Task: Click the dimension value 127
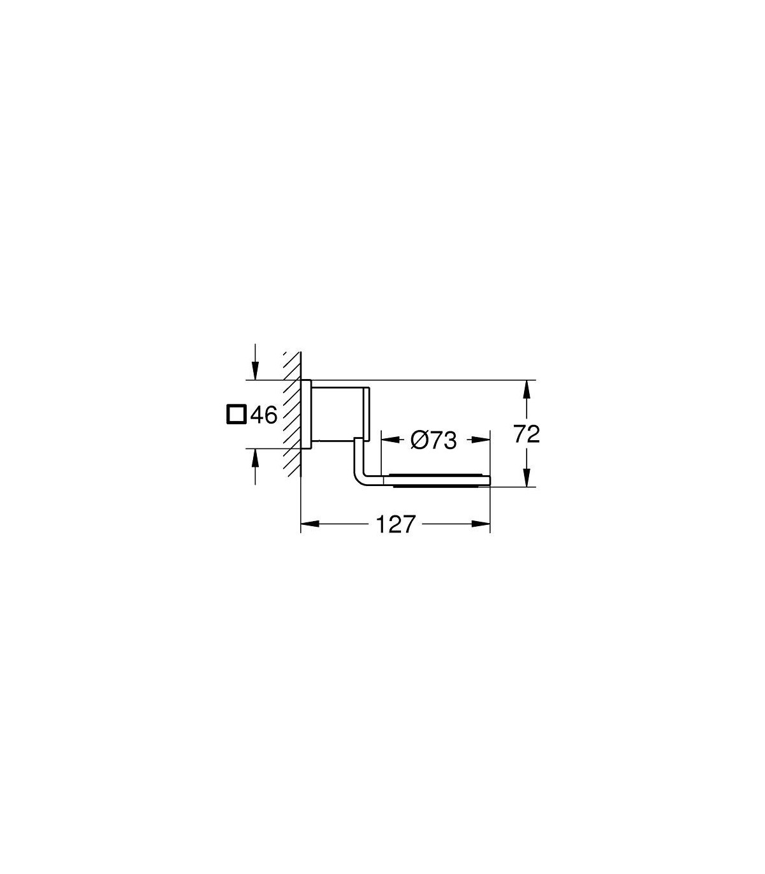point(395,524)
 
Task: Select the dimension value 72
point(527,435)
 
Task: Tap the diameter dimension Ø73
point(433,440)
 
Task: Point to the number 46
point(264,415)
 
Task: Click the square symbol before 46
point(237,414)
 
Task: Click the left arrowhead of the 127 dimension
point(310,524)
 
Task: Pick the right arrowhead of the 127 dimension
point(481,524)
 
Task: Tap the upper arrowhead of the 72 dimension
point(527,389)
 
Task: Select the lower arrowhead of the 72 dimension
point(527,477)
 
